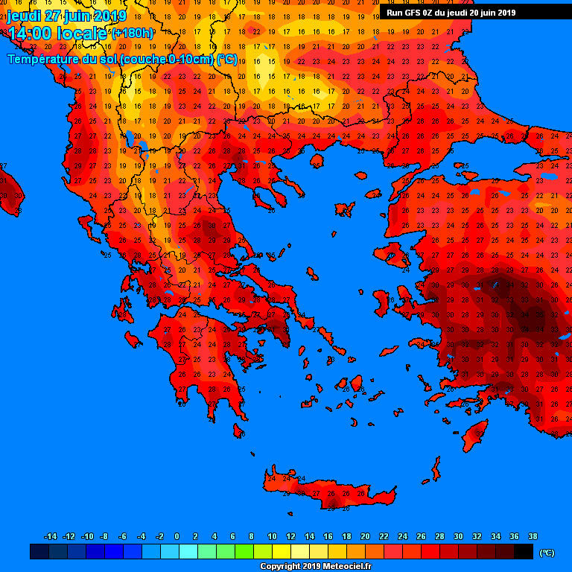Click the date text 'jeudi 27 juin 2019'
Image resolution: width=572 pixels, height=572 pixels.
click(67, 16)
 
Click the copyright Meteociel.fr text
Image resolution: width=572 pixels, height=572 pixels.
click(315, 566)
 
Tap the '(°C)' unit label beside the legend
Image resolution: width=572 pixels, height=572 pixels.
click(546, 552)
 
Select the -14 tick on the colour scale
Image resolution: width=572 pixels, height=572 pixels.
click(51, 536)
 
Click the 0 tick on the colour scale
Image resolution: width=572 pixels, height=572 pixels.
click(177, 536)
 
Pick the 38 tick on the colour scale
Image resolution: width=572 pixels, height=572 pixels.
click(533, 536)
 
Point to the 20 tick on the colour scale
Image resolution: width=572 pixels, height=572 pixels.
click(365, 536)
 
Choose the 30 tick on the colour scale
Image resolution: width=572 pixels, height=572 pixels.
click(458, 536)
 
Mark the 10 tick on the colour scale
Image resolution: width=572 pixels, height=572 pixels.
click(272, 536)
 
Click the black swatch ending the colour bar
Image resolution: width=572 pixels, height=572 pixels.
click(524, 552)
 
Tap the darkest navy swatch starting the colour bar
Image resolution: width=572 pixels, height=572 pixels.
click(39, 552)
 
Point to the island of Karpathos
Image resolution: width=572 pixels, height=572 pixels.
click(435, 470)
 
